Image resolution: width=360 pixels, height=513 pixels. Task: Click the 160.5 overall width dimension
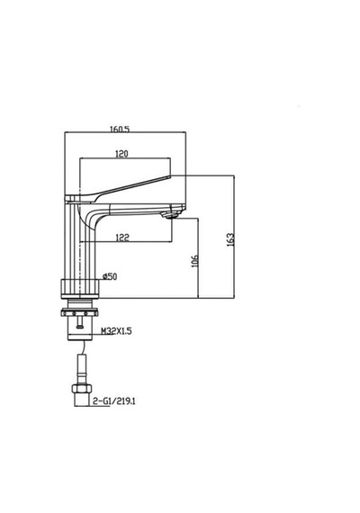pos(120,129)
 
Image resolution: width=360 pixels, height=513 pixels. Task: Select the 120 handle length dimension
pos(121,153)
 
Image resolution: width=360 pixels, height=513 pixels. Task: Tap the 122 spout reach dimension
pos(122,238)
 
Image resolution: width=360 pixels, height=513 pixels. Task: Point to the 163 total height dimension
pos(230,239)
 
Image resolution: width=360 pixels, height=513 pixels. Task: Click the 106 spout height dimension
pos(194,261)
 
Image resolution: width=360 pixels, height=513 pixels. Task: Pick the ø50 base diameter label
pos(110,276)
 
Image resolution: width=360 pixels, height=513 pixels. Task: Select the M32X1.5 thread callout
pos(116,331)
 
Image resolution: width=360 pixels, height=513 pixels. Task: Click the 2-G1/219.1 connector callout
pos(114,400)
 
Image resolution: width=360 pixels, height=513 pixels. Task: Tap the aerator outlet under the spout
pos(169,215)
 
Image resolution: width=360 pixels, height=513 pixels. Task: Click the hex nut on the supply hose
pos(82,388)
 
